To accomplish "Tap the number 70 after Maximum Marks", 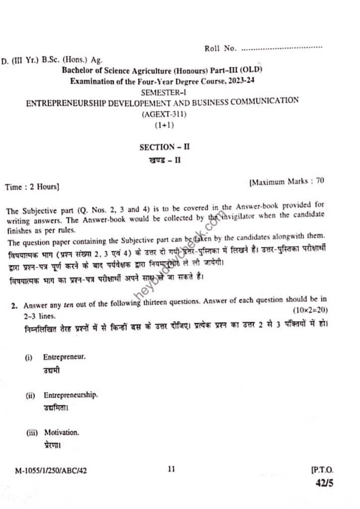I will (320, 181).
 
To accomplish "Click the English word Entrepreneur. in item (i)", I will (64, 357).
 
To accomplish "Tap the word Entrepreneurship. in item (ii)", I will (71, 396).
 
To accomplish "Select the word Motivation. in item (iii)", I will (61, 432).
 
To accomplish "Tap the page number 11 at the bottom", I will (172, 468).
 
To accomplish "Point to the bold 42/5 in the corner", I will (324, 483).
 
